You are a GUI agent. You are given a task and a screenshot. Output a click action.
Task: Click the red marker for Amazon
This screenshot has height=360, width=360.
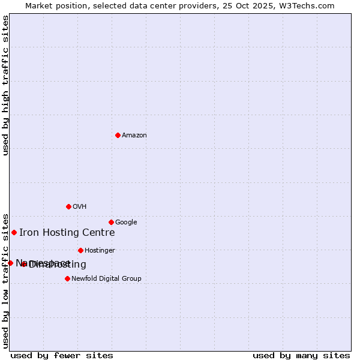pyautogui.click(x=118, y=135)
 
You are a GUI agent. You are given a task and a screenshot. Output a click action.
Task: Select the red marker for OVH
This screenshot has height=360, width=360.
pyautogui.click(x=68, y=206)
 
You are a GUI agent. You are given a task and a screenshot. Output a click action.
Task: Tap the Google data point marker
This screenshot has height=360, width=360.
pyautogui.click(x=111, y=222)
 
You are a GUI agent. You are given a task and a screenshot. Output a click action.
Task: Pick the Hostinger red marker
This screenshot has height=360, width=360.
pyautogui.click(x=80, y=250)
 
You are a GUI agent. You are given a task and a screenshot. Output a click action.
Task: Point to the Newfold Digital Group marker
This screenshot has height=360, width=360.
pyautogui.click(x=67, y=278)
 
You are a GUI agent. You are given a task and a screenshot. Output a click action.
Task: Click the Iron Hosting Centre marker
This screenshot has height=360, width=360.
pyautogui.click(x=14, y=232)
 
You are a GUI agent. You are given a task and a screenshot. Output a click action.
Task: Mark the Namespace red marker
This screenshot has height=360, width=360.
pyautogui.click(x=10, y=263)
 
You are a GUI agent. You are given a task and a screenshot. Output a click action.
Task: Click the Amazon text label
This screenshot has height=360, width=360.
pyautogui.click(x=134, y=136)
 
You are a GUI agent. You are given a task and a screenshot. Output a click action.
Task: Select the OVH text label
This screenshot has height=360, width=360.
pyautogui.click(x=80, y=207)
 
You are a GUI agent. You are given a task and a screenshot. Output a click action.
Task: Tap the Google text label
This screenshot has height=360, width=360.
pyautogui.click(x=126, y=223)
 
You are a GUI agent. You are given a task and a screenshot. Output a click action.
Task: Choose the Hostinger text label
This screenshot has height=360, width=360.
pyautogui.click(x=100, y=251)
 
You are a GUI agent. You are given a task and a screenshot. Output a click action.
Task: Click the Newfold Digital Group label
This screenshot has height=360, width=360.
pyautogui.click(x=106, y=279)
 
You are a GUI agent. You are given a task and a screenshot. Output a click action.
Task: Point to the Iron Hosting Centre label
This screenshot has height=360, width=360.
pyautogui.click(x=67, y=233)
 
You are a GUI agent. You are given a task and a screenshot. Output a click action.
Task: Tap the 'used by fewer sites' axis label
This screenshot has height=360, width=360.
pyautogui.click(x=62, y=355)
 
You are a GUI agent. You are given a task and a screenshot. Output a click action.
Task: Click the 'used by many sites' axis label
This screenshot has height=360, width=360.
pyautogui.click(x=301, y=355)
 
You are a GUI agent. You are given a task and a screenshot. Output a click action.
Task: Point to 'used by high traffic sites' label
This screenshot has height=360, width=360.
pyautogui.click(x=6, y=85)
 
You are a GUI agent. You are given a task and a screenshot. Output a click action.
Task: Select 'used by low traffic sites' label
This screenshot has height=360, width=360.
pyautogui.click(x=6, y=280)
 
